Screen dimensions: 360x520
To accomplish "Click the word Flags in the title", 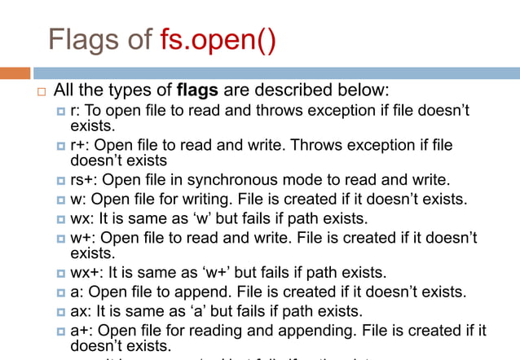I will [x=80, y=39].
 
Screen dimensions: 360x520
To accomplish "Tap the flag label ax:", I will [x=82, y=311].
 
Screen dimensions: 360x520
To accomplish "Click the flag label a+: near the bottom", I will [x=82, y=331].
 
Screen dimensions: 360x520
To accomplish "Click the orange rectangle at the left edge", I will [x=15, y=72].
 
